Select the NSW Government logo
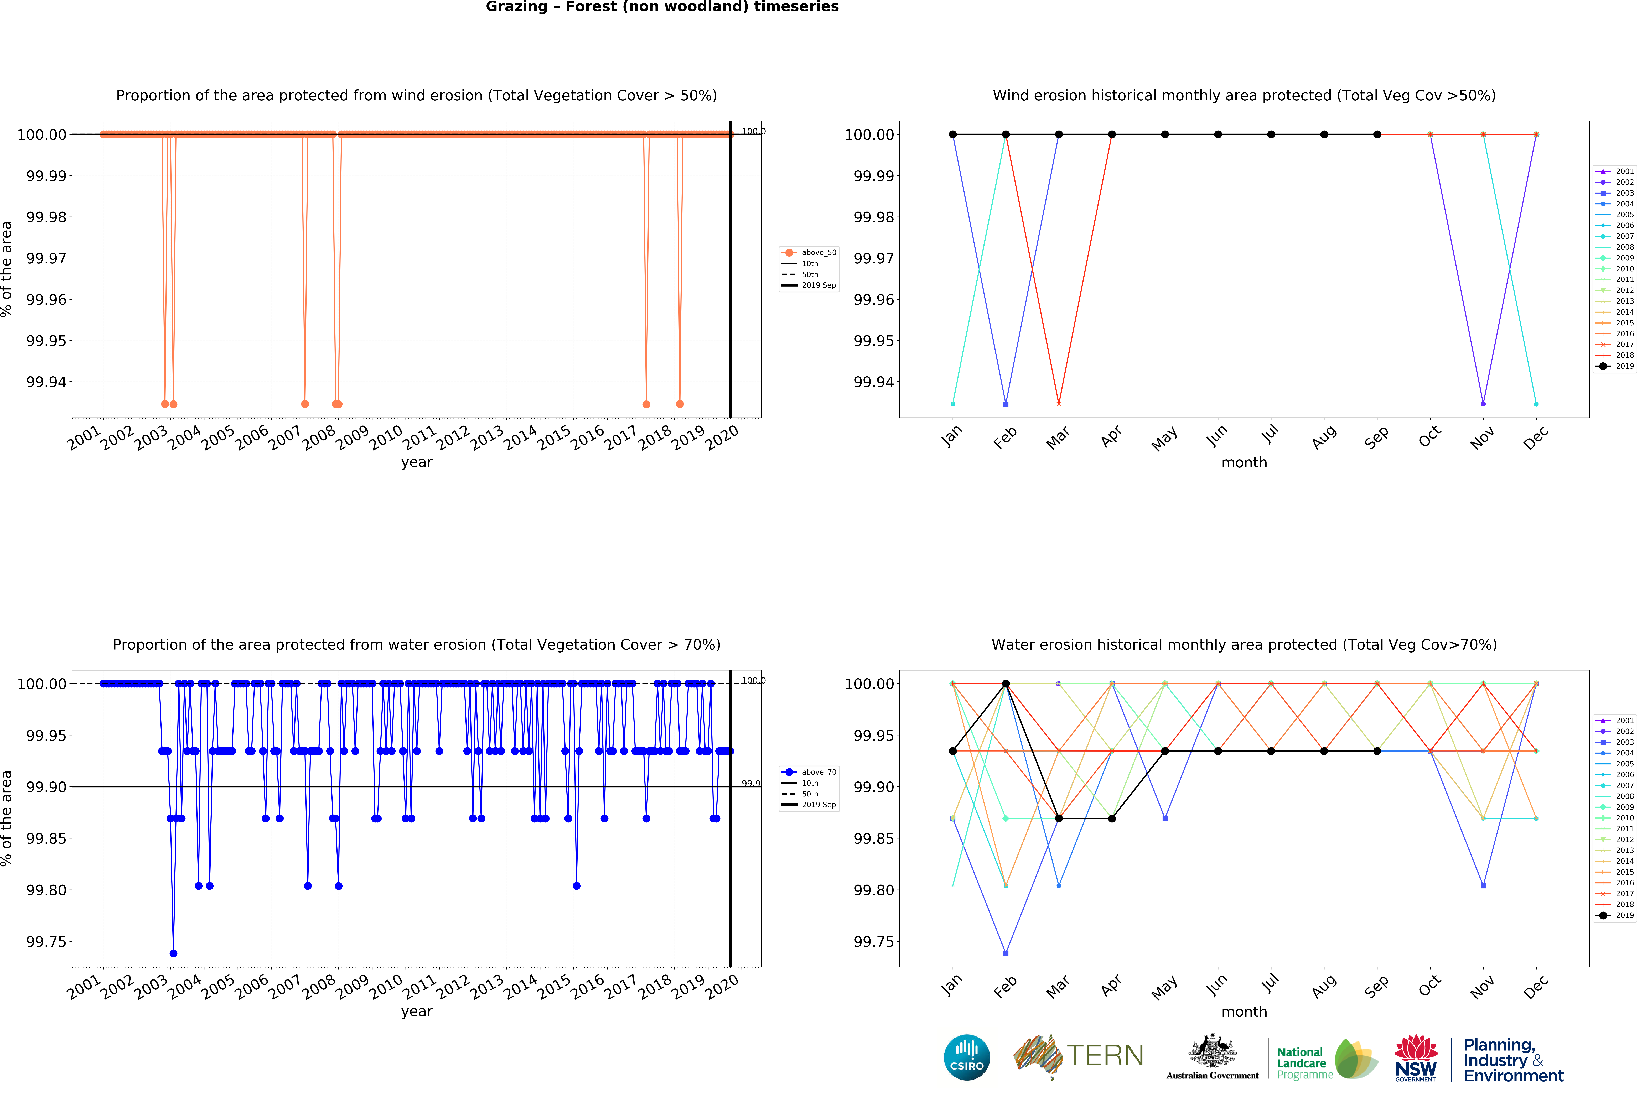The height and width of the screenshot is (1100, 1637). click(1415, 1058)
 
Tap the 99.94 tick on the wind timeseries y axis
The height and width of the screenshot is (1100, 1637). click(46, 382)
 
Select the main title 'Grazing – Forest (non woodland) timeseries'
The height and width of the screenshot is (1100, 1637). click(662, 7)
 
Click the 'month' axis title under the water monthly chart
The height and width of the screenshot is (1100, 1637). click(1244, 1012)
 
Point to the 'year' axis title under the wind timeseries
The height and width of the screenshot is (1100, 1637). click(417, 462)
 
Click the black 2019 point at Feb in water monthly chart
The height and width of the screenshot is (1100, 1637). click(1006, 683)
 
